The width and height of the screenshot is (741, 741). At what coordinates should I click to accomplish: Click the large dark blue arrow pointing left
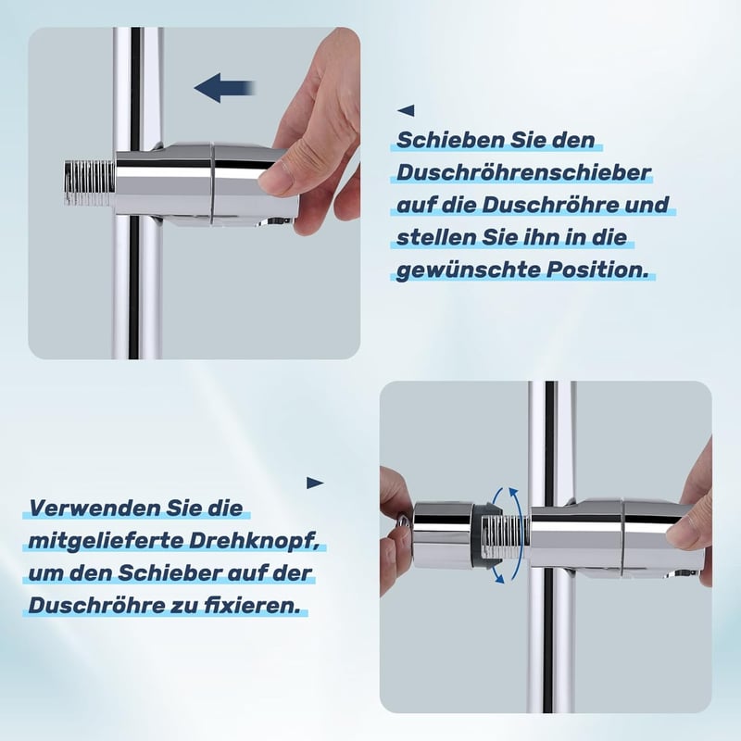(x=225, y=88)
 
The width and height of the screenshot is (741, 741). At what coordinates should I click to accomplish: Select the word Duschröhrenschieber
(x=523, y=172)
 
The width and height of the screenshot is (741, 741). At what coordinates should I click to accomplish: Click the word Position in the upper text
(x=597, y=270)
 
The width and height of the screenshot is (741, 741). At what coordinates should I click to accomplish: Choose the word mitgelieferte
(x=106, y=542)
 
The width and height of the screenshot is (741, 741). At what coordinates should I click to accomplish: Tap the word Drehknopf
(x=254, y=542)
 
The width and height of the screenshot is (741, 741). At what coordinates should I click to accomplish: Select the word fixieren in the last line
(x=251, y=606)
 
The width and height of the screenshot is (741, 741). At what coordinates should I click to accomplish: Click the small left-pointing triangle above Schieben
(x=407, y=110)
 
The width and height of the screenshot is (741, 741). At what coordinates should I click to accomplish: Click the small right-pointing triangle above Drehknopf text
(x=315, y=483)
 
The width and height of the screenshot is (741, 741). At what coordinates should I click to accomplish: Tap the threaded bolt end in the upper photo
(x=90, y=184)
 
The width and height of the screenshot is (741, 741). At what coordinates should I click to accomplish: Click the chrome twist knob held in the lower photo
(x=442, y=535)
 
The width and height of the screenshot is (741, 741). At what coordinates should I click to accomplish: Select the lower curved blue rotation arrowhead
(x=498, y=577)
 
